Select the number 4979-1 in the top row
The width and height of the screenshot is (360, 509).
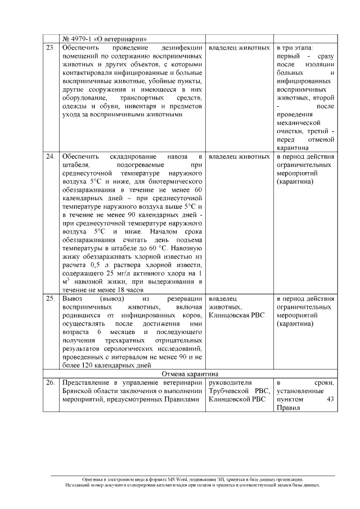click(84, 39)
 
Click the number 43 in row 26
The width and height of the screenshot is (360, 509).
click(330, 400)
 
